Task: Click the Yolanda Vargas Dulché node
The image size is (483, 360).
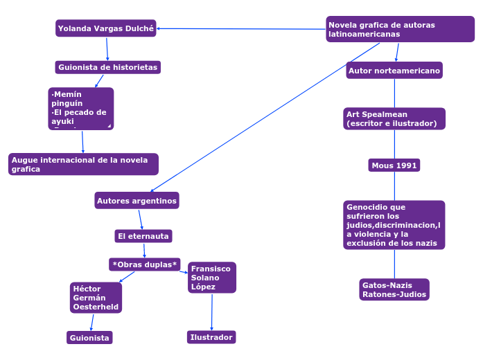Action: [106, 28]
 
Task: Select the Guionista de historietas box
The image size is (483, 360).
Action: [108, 67]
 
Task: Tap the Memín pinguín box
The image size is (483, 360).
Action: [81, 108]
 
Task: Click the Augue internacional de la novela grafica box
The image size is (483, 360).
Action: [83, 164]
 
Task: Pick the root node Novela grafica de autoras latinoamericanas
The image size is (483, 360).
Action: [400, 29]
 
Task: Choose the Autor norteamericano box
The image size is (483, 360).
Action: [394, 71]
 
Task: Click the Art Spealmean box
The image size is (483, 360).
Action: [394, 118]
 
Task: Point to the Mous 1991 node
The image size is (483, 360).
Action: [394, 165]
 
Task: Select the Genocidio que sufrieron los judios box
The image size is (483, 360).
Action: [394, 225]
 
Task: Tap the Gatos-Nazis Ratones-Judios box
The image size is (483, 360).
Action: [394, 289]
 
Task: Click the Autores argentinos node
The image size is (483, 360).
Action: [137, 201]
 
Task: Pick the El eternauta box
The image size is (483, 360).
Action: [143, 236]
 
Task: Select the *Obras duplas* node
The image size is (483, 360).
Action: [145, 264]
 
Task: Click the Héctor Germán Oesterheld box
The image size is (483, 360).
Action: [96, 298]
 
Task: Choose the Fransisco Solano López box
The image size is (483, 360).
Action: [211, 278]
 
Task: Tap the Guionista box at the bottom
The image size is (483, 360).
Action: [89, 338]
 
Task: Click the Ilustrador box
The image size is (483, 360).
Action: [211, 337]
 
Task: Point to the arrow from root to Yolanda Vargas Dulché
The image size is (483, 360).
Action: [243, 28]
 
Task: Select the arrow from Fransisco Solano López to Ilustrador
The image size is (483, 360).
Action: [211, 312]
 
